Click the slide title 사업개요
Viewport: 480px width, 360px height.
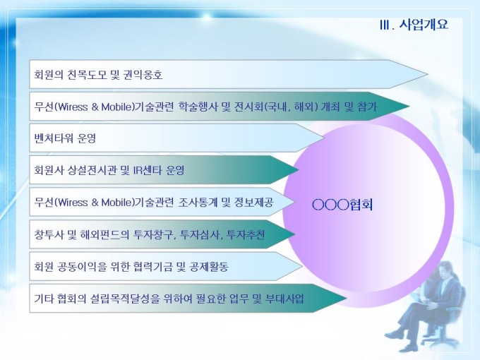point(424,24)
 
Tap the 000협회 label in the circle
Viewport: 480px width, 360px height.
point(342,205)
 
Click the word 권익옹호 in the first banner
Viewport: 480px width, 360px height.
point(143,75)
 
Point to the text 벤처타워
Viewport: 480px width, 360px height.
point(54,138)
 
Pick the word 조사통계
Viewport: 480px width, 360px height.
point(198,203)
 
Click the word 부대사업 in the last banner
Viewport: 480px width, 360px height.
point(284,299)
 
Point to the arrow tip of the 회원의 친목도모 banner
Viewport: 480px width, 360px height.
point(427,74)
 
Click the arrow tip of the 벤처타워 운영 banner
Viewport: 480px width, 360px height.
point(325,138)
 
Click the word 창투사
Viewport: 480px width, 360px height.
point(49,235)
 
